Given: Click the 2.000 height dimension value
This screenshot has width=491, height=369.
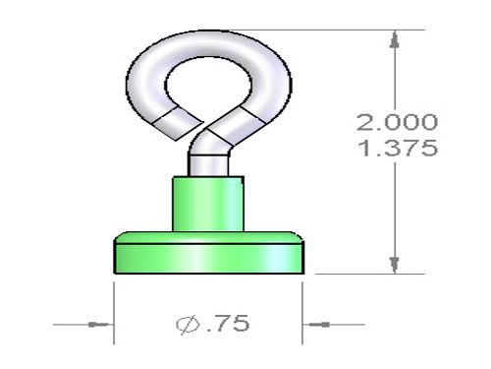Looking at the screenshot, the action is pos(397,122).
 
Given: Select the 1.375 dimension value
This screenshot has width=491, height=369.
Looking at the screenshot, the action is pos(398,148).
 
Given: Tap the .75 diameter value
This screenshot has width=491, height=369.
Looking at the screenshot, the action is pos(228,323).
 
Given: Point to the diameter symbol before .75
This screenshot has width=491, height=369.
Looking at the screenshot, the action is pos(188,325).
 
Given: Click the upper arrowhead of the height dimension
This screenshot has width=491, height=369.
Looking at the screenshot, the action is pos(395,39).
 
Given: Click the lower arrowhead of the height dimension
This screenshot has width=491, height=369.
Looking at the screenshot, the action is pos(395,265).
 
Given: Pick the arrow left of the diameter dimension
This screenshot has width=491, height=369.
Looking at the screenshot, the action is pos(98,325).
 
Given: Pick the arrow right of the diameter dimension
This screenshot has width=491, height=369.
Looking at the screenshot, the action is pos(319,325).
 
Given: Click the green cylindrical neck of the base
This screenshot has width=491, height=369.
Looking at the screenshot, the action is pos(208,204).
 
